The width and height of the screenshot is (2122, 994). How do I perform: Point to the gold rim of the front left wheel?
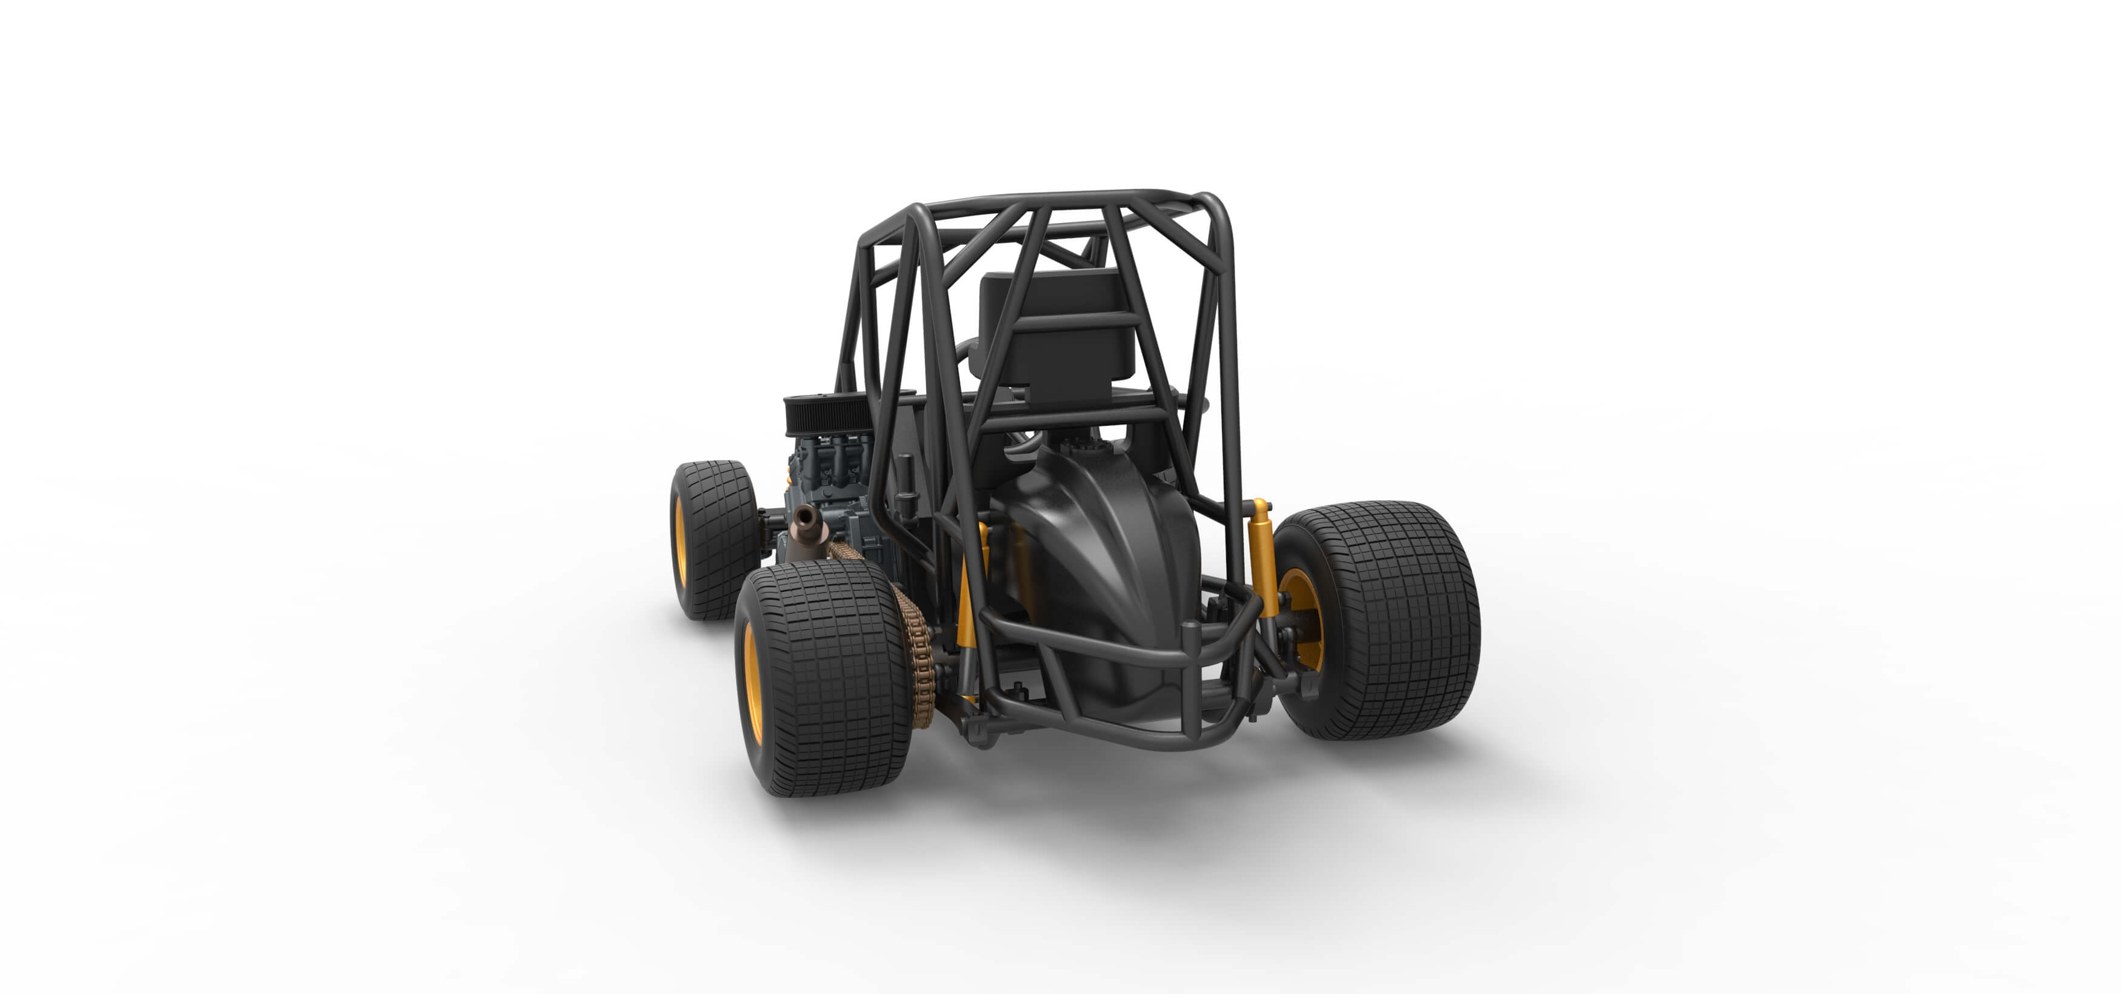point(681,540)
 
